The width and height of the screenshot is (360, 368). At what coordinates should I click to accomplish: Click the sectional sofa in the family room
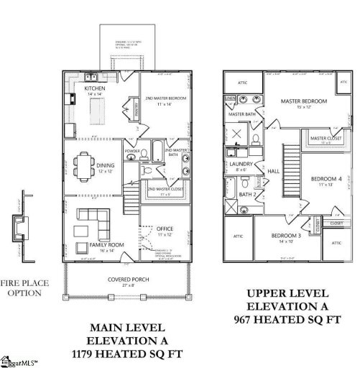click(92, 217)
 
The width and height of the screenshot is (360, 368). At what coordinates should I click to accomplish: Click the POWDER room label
click(132, 151)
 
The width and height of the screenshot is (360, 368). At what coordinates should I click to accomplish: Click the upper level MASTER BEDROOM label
click(304, 102)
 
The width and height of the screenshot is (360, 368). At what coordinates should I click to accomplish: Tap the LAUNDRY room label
click(241, 165)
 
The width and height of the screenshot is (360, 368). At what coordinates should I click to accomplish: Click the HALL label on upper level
click(274, 171)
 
